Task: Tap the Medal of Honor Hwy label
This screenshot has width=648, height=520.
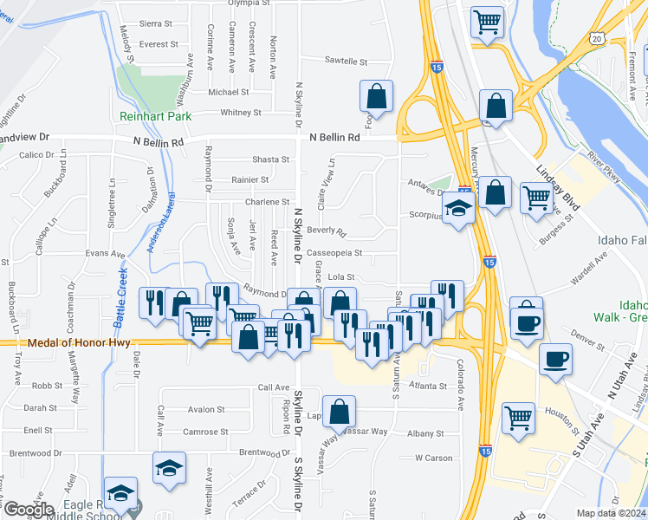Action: [79, 342]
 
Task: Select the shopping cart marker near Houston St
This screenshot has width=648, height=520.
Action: [519, 418]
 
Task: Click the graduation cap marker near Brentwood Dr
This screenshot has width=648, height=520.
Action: [169, 468]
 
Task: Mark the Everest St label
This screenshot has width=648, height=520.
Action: [159, 44]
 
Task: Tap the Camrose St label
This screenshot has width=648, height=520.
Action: [205, 432]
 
